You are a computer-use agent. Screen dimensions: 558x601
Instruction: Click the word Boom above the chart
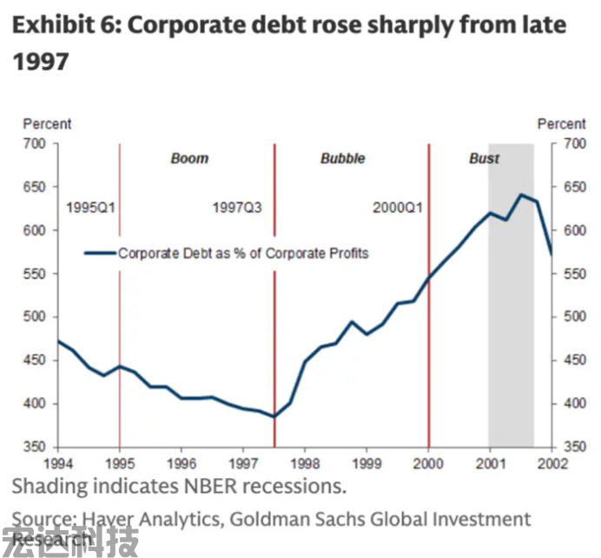click(x=189, y=158)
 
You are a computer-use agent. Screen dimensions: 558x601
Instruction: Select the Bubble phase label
click(x=342, y=158)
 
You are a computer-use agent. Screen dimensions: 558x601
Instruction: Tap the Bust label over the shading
click(x=485, y=158)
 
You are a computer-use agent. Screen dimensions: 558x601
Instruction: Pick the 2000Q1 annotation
click(x=398, y=208)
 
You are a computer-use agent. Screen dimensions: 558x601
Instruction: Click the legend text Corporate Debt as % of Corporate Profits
click(x=243, y=253)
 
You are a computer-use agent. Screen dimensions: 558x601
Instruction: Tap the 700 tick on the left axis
click(x=40, y=143)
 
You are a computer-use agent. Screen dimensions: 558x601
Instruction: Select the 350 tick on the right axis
click(x=574, y=447)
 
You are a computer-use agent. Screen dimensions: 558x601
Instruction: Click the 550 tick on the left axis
click(x=40, y=274)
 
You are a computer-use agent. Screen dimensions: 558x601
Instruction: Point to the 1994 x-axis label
click(x=58, y=463)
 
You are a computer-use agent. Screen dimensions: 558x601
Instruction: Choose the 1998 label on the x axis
click(x=306, y=463)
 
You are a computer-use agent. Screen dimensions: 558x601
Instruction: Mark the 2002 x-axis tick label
click(x=552, y=463)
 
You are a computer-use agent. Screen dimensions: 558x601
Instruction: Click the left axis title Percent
click(x=47, y=124)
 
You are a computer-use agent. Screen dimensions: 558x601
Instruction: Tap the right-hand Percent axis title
click(x=561, y=124)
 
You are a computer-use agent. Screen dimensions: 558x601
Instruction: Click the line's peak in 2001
click(x=521, y=195)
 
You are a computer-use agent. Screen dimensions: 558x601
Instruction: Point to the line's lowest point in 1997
click(x=274, y=416)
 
